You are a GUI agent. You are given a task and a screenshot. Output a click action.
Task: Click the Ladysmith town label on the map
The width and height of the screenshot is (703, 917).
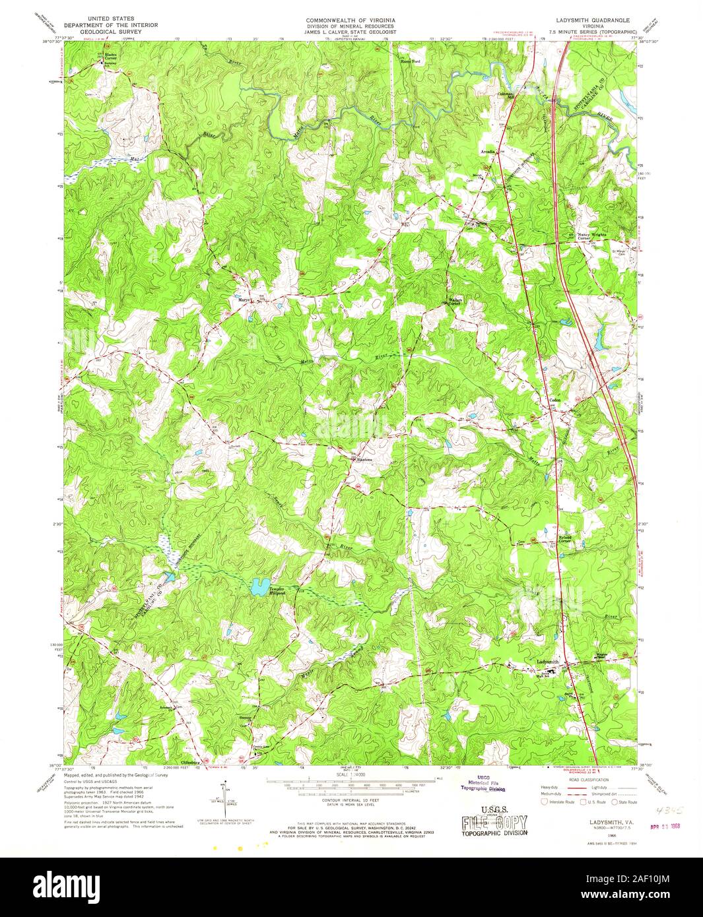tap(547, 662)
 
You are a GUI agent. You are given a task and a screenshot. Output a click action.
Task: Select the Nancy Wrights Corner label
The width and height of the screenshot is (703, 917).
tap(592, 236)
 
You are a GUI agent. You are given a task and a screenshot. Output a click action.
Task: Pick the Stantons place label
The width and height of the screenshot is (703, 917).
tap(364, 460)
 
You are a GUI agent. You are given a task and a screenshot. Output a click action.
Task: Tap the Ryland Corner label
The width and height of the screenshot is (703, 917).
tap(568, 539)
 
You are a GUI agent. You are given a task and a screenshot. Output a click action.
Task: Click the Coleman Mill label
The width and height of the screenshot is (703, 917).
tap(506, 96)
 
